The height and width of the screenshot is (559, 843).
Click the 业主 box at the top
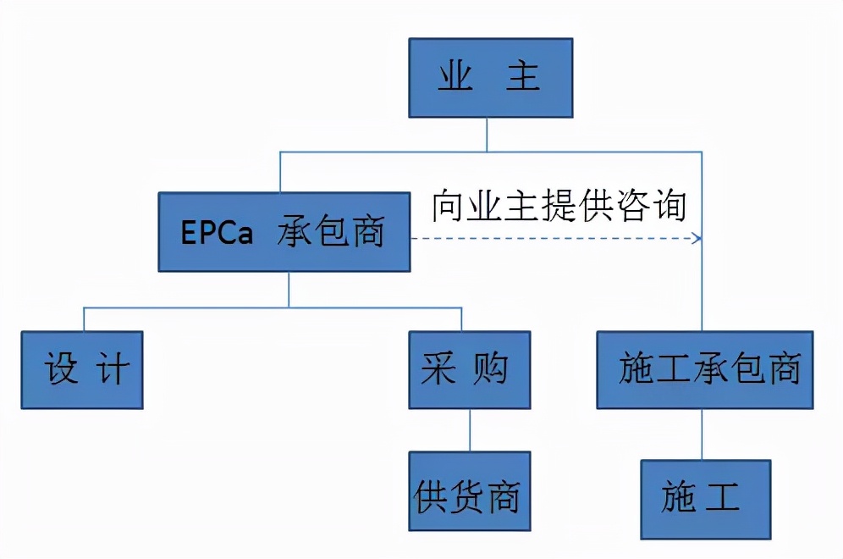490,77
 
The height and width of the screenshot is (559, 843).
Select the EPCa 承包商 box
284,231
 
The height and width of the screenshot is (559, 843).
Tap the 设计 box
81,369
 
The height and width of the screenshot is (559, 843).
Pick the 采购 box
469,369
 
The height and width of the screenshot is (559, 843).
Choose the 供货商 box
469,491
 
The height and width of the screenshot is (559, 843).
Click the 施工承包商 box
704,369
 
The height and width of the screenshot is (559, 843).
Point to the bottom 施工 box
705,499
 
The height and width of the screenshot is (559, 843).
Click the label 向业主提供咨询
559,206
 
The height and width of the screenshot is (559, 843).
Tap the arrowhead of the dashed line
697,239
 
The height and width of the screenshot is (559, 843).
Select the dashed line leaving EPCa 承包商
550,239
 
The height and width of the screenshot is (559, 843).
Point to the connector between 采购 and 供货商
469,430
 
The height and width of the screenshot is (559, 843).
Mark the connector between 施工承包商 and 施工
702,434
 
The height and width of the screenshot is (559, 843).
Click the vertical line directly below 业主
488,135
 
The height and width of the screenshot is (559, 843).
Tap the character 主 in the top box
522,78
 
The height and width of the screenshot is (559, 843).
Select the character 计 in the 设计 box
113,370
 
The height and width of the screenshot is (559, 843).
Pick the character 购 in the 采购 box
491,370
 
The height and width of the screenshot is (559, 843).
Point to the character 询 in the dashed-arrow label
667,206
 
